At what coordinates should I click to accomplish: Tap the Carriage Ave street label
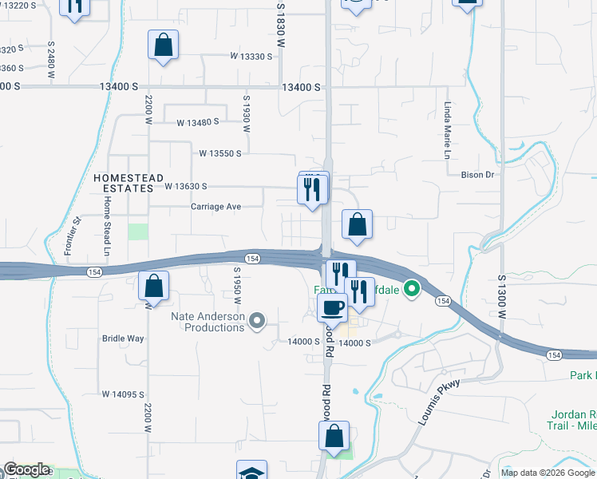pos(215,207)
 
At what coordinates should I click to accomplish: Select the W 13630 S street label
pos(186,186)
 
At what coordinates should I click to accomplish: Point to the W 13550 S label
pos(219,152)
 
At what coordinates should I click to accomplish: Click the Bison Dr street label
pos(478,173)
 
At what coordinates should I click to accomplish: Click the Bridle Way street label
pos(123,338)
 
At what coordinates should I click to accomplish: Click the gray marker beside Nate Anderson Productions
pos(257,322)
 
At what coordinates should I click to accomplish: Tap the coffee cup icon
pos(332,307)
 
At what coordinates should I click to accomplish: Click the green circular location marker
pos(412,288)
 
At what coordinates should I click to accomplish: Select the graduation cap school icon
pos(251,473)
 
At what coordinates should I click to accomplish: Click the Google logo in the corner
pos(26,470)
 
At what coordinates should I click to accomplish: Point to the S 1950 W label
pos(237,286)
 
